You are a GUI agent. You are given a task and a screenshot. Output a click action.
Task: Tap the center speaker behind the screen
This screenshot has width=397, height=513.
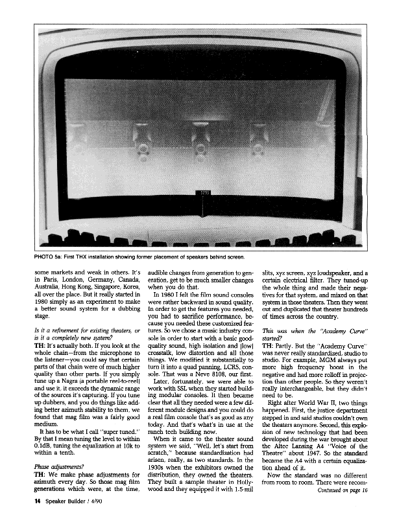pyautogui.click(x=200, y=139)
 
